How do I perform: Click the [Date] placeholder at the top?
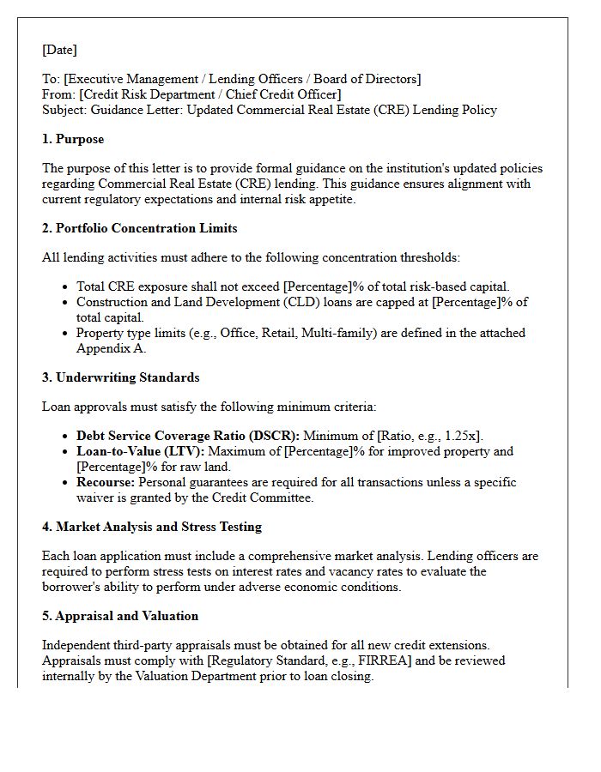point(59,50)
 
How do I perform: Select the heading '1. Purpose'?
point(73,139)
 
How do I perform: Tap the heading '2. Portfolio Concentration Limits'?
point(139,228)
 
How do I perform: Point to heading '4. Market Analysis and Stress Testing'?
point(152,527)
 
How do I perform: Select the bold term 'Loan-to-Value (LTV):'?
point(139,451)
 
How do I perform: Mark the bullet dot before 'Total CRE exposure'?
point(67,287)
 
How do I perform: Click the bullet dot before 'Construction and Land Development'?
point(67,303)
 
